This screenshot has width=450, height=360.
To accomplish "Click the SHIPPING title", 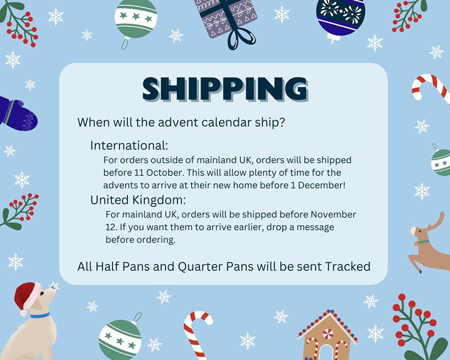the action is (x=225, y=89).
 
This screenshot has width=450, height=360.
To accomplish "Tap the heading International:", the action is (x=129, y=146).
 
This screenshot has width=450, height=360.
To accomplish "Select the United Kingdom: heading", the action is (x=138, y=200).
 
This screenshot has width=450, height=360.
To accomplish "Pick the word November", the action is (x=333, y=214).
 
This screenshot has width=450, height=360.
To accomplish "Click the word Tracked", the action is (x=347, y=266).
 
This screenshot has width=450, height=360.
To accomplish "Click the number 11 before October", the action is (x=139, y=172).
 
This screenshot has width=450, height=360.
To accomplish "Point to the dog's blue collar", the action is (x=40, y=316).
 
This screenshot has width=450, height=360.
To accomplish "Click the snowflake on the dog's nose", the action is (x=54, y=286).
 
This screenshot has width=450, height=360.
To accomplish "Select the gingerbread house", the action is (x=327, y=335).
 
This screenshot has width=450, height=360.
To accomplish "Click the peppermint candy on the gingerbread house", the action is (x=327, y=334).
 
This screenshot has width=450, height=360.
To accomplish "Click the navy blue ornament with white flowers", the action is (x=341, y=18).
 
